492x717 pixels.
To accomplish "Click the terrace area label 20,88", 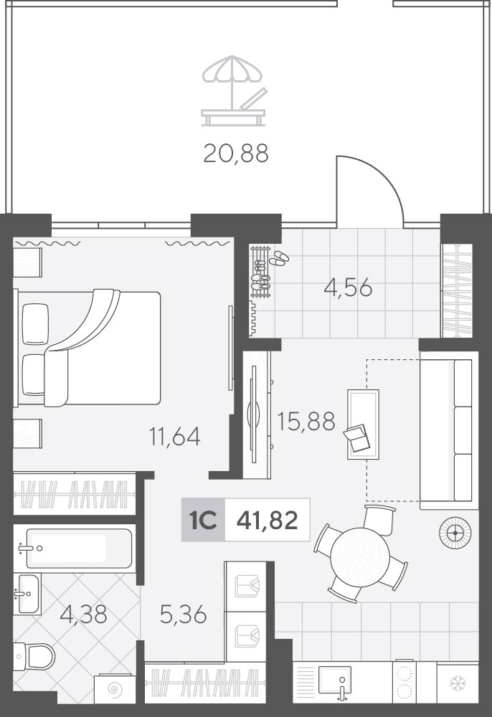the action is pos(236,153).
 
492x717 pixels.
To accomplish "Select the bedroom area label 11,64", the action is pos(175,437).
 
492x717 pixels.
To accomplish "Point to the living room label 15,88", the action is pos(306,421).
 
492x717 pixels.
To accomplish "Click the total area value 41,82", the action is pos(268,520).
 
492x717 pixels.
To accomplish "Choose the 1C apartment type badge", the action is pos(203,520).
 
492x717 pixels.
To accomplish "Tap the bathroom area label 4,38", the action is pos(84,614).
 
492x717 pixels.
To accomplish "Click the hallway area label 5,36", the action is pos(184,614).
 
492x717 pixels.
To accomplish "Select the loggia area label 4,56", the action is pos(348,288).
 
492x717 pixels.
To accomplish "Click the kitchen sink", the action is pos(335,681).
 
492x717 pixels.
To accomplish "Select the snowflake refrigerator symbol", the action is pos(458,683).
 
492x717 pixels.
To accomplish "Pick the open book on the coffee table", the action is pos(357,439).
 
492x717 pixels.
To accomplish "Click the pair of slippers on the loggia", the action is pos(279,258).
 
